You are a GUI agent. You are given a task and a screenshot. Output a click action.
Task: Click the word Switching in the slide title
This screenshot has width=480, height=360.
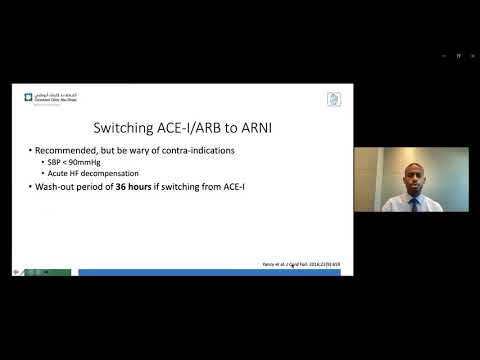tap(124, 129)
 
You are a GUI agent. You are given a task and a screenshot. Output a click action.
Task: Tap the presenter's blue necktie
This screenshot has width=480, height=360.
tap(412, 202)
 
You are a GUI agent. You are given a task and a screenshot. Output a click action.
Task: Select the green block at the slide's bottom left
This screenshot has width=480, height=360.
tap(48, 272)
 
